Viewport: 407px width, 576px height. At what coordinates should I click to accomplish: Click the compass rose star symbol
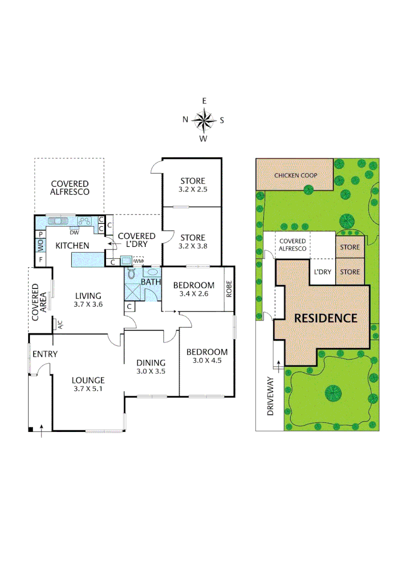203,120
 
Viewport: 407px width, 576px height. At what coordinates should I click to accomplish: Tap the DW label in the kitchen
74,232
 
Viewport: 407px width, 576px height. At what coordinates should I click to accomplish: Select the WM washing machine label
139,260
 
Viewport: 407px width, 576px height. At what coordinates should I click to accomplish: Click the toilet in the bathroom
132,271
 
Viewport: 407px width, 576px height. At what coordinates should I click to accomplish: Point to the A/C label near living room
60,324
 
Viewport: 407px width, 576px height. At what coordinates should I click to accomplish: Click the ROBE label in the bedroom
229,289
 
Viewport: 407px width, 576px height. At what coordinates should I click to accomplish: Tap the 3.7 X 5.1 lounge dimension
88,389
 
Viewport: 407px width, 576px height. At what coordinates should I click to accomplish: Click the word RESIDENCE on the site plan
325,318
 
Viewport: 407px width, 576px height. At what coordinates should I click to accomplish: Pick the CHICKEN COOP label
296,175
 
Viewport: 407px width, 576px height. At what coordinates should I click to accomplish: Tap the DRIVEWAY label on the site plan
270,396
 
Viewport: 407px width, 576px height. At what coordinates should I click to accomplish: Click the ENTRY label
45,354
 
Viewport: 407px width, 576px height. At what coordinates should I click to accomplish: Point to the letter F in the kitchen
40,260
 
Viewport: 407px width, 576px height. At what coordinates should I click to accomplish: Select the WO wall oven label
40,246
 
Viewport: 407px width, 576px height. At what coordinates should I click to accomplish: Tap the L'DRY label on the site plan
322,272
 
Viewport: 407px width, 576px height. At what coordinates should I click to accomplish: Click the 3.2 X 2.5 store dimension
192,189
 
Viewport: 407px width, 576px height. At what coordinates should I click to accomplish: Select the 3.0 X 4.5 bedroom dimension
206,361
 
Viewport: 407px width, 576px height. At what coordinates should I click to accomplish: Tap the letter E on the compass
204,101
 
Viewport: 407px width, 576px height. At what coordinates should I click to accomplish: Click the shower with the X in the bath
133,292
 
